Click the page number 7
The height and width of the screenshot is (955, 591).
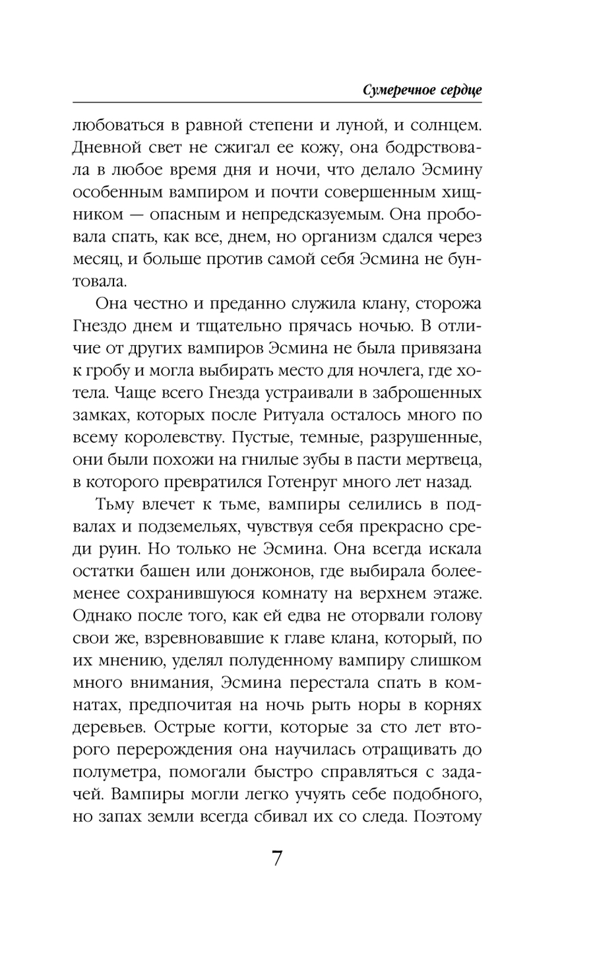pyautogui.click(x=277, y=858)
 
